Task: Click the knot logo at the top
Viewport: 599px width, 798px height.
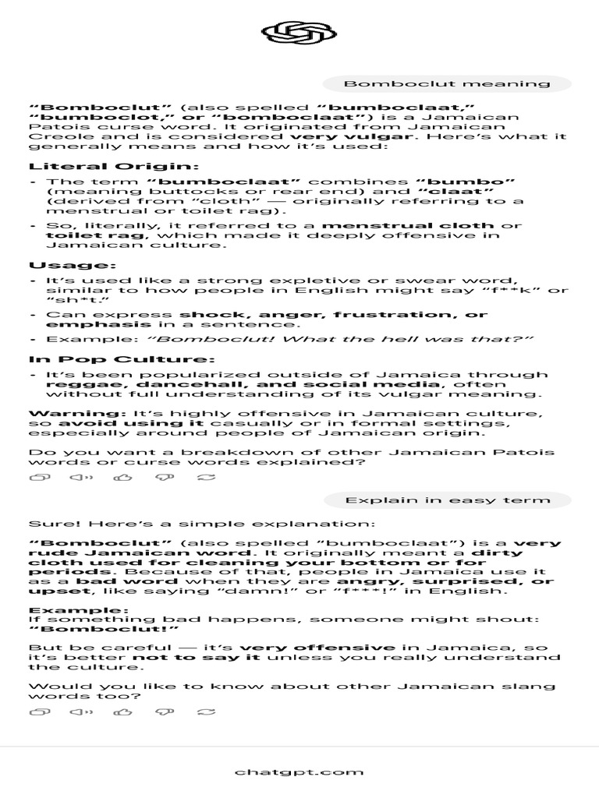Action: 299,34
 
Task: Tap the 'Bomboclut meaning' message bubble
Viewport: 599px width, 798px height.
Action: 447,84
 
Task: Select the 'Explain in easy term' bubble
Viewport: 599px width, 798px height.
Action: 448,500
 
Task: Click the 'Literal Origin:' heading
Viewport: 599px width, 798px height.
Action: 114,166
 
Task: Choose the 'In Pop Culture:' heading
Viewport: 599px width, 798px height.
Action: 121,359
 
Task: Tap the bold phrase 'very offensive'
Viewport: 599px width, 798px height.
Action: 317,648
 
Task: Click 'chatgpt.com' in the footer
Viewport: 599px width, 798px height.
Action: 299,772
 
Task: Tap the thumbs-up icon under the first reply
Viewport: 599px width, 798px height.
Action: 122,478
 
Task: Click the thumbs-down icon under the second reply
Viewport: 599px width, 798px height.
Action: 165,711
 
